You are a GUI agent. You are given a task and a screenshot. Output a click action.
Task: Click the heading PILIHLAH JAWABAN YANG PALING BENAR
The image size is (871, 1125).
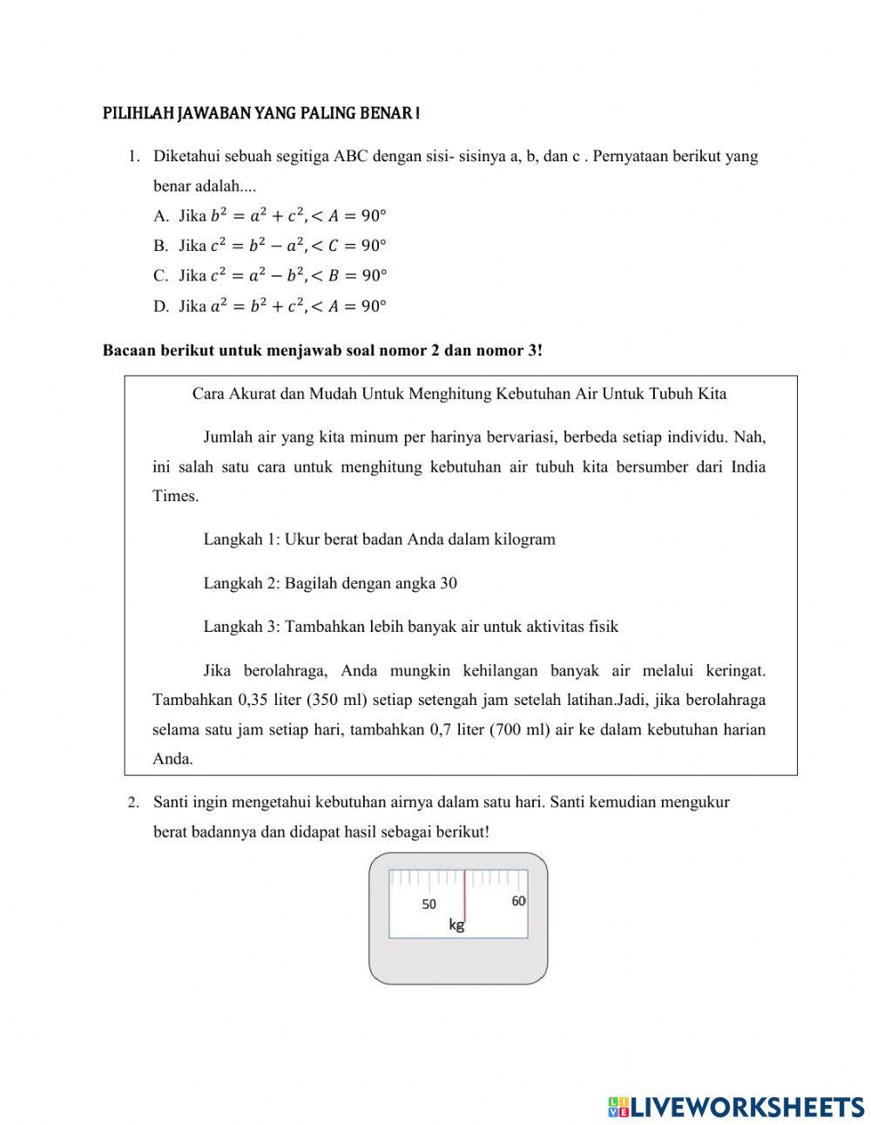click(261, 114)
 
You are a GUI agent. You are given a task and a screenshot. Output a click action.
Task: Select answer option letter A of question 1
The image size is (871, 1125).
click(160, 216)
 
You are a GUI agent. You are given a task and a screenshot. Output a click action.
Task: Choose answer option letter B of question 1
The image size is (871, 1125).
click(160, 246)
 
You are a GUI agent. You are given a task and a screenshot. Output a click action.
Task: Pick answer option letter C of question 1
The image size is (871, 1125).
click(160, 276)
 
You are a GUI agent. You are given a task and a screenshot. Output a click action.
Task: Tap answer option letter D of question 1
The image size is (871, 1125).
click(160, 307)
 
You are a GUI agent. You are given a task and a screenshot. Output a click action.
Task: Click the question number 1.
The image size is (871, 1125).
click(133, 157)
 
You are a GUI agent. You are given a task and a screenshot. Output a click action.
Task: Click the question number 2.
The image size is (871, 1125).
click(133, 803)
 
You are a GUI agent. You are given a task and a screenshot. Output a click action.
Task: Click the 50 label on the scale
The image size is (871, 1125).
click(429, 905)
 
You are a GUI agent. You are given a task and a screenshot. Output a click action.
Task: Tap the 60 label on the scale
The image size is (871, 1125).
click(518, 901)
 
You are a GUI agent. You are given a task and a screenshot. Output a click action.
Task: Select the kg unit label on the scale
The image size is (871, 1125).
click(456, 925)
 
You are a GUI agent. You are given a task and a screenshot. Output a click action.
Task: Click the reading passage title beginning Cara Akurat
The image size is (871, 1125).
click(459, 394)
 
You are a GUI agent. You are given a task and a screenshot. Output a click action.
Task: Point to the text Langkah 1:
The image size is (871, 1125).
click(241, 539)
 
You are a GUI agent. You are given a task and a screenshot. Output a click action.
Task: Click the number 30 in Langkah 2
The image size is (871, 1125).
click(449, 583)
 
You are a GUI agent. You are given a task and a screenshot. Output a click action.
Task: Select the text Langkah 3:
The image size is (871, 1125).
click(241, 627)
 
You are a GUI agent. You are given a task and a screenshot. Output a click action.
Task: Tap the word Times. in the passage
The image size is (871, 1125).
click(175, 496)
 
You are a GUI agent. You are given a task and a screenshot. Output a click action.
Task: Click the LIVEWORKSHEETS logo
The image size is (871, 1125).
click(736, 1107)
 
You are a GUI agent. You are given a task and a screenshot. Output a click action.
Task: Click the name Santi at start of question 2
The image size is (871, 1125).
click(172, 802)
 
